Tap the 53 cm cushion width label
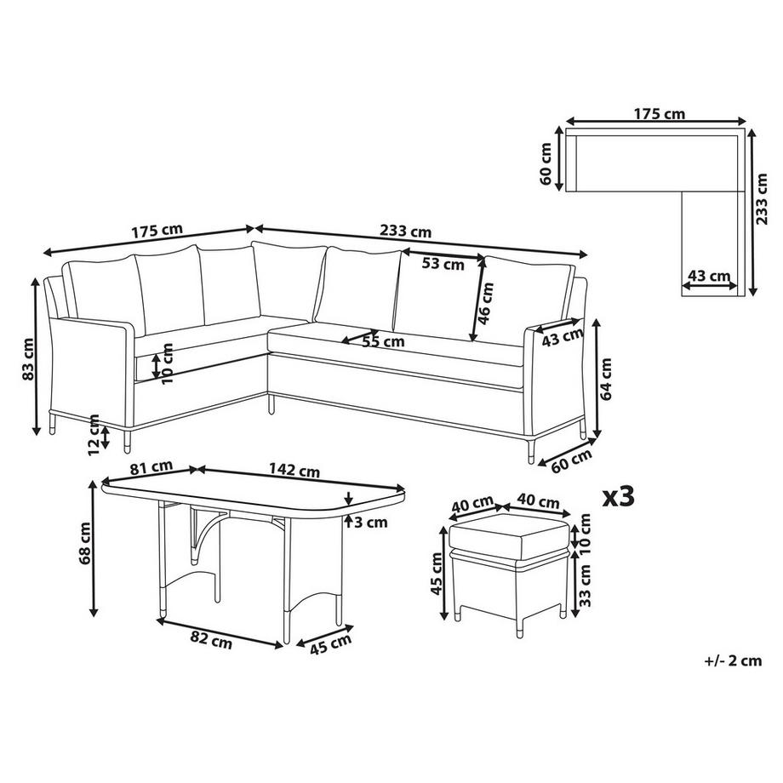point(443,264)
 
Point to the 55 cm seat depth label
point(383,342)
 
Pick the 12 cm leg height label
point(94,431)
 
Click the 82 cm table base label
point(211,643)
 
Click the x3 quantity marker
point(618,497)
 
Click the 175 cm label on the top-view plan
point(660,112)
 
